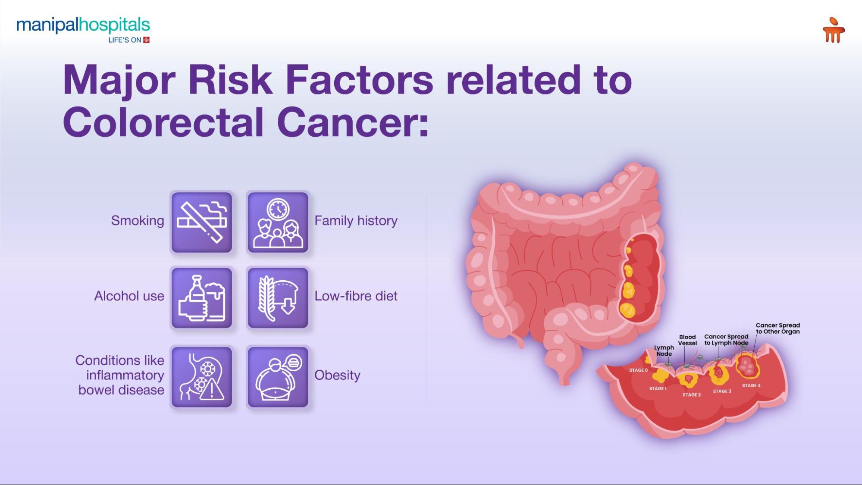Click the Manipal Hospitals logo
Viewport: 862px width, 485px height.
83,29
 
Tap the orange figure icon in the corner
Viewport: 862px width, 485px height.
833,30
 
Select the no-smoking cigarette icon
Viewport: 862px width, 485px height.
202,222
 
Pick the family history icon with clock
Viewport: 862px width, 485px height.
278,222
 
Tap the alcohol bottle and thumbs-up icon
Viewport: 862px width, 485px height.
202,298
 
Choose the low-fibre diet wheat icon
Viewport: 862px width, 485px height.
278,298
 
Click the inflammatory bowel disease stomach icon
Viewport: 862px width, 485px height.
202,377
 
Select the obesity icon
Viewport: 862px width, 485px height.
278,377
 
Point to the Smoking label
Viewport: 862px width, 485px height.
138,221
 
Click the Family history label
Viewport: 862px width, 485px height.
356,221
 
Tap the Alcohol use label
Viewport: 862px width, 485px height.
129,296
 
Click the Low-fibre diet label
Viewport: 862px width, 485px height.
356,296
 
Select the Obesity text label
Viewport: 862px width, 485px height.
337,375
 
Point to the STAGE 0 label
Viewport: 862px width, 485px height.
638,370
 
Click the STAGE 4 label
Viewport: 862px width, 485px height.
751,385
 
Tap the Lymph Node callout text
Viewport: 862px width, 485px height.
664,350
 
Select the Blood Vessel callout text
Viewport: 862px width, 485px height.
687,340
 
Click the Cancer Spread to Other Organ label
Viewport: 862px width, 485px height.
777,329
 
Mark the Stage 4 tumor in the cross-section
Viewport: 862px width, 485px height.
747,366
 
